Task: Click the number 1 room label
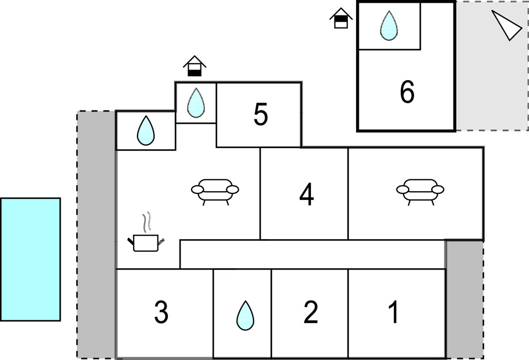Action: pos(394,312)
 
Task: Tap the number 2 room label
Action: pos(311,312)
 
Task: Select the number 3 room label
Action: pos(161,312)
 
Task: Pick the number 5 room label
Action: pos(261,114)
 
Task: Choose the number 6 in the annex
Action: pos(407,92)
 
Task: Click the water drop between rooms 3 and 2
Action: pos(245,315)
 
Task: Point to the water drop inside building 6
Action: pos(389,25)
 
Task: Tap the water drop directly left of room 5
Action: pos(195,103)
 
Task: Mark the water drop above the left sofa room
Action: pos(146,130)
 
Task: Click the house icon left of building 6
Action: pos(341,18)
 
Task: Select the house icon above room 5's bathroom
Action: pos(195,66)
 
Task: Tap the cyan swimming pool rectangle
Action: pos(30,260)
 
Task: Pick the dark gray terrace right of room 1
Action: pos(465,299)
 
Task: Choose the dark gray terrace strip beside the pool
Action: pos(97,235)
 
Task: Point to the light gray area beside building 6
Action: pos(492,66)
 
